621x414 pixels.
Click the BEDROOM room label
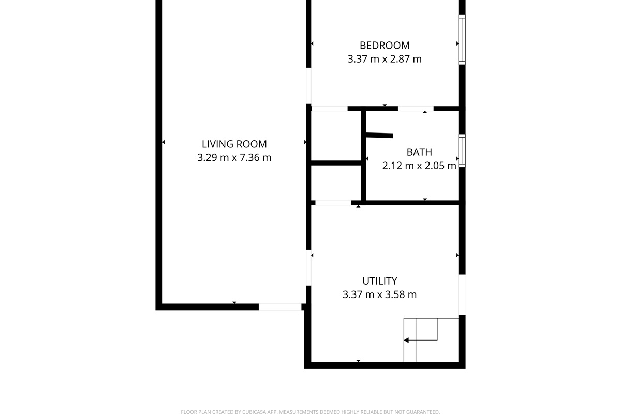coord(385,45)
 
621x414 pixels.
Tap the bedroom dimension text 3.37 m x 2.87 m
coord(385,59)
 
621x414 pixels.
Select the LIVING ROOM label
coord(234,144)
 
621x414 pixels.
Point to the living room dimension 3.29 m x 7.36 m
coord(234,158)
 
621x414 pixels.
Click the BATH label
coord(419,152)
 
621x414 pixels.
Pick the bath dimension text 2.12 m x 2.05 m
coord(419,166)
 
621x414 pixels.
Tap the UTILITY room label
coord(380,281)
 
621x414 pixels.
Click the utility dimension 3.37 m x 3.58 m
coord(380,294)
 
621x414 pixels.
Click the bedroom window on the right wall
coord(462,40)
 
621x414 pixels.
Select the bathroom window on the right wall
coord(462,151)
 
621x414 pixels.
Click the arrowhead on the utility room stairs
coord(406,340)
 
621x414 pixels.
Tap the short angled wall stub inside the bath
coord(379,135)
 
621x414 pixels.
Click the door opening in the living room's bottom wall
coord(280,307)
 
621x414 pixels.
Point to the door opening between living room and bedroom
coord(308,86)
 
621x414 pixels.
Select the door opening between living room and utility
coord(308,268)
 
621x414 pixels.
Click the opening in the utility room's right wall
coord(462,295)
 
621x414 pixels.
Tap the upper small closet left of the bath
coord(336,136)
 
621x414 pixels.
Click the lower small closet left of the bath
coord(336,183)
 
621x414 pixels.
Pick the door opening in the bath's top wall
coord(416,109)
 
